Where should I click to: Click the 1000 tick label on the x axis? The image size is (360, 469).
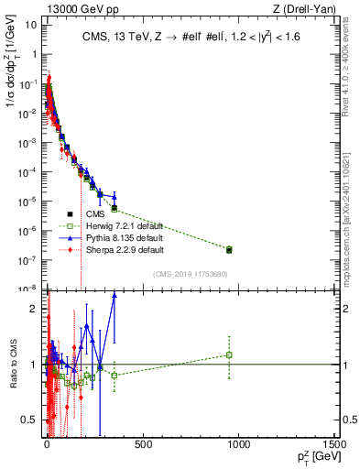pos(239,445)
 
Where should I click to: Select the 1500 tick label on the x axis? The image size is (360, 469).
pos(334,445)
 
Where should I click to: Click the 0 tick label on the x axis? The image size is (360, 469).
pos(46,445)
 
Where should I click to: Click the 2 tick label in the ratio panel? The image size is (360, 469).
pos(31,308)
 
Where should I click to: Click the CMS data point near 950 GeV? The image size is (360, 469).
pos(229,249)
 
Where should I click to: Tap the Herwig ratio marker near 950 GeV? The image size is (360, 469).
pos(229,354)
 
